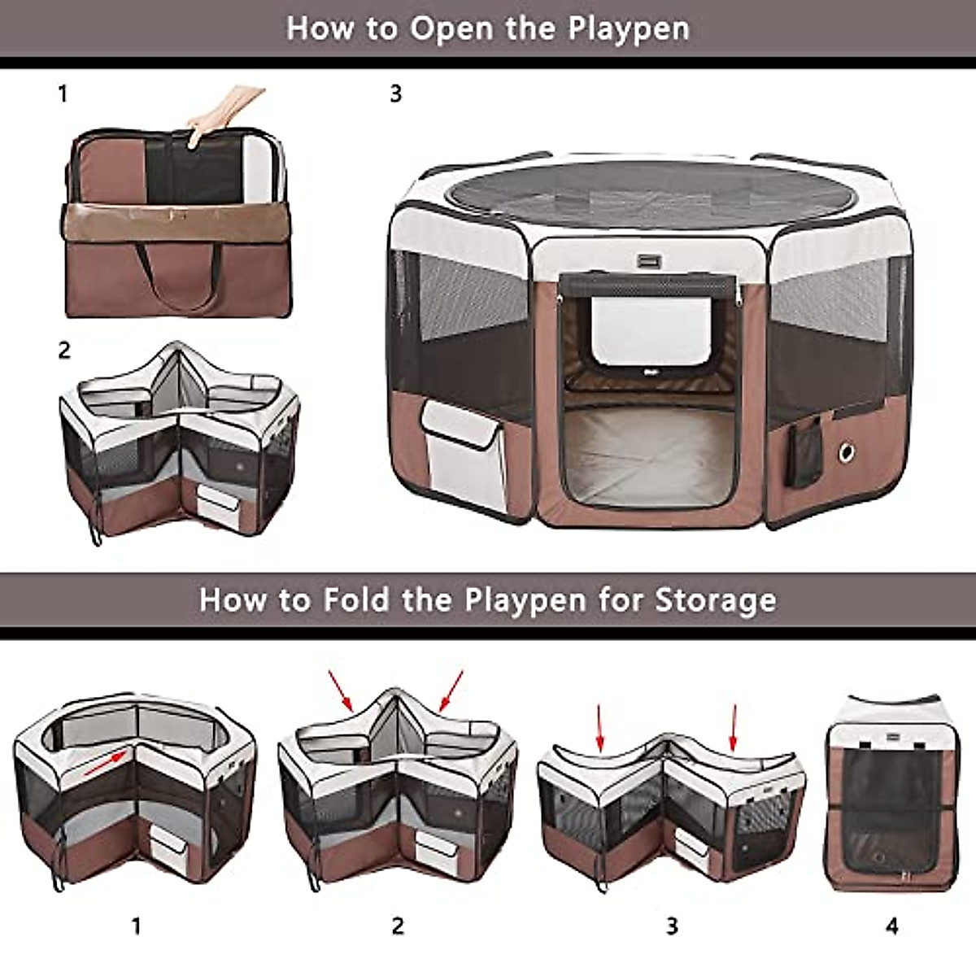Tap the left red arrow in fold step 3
(600, 727)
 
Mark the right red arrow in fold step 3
(734, 727)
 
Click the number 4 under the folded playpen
(892, 926)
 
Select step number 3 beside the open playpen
(396, 94)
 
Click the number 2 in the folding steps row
(398, 926)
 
